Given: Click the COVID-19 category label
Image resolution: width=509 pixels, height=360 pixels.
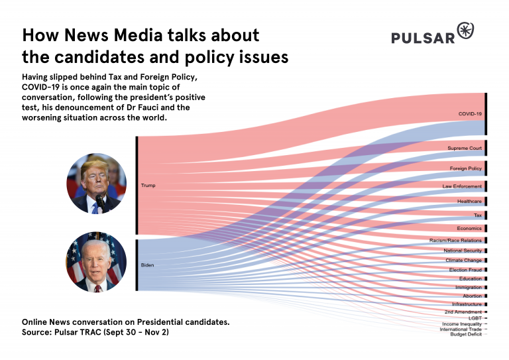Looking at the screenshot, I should (x=470, y=114).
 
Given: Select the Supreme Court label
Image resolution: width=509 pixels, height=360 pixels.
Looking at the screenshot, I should (x=465, y=148).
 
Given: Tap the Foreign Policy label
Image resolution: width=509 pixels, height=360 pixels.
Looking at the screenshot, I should (x=466, y=168).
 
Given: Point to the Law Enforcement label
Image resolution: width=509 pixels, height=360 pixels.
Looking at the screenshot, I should (x=463, y=187).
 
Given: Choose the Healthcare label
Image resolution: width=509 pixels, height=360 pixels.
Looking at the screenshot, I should (x=469, y=201).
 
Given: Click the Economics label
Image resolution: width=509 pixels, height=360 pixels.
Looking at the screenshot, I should (x=469, y=228).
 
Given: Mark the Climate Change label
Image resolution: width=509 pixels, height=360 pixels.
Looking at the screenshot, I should (x=463, y=261).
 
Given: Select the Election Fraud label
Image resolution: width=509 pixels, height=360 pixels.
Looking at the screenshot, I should (x=464, y=270).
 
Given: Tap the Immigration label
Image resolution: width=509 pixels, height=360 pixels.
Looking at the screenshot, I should (x=469, y=288).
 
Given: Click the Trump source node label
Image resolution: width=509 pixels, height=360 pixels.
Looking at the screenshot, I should (x=148, y=186).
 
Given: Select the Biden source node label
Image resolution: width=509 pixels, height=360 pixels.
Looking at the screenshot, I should (x=147, y=265).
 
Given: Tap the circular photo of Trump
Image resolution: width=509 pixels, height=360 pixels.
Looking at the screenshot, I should (x=97, y=184).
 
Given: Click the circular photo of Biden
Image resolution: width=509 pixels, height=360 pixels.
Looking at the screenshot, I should (x=97, y=263).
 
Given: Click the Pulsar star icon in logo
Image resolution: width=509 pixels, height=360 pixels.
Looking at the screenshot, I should (x=467, y=31).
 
